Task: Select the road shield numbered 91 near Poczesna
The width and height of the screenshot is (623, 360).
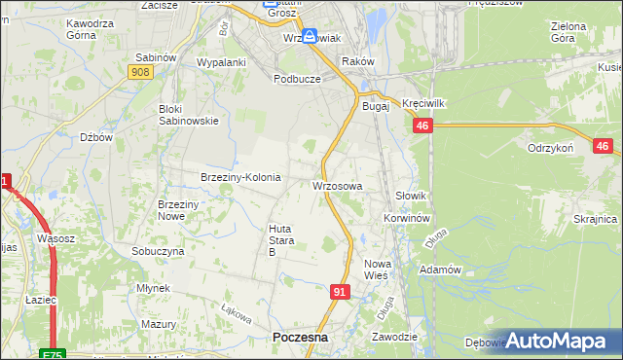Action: tap(340, 291)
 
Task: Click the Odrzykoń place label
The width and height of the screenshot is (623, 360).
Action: tap(550, 147)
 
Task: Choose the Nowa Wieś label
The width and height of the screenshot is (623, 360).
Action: tap(376, 270)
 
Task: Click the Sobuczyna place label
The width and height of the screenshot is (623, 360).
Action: tap(159, 250)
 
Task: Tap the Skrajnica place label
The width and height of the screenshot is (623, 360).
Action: tap(596, 219)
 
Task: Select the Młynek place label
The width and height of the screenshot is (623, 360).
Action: tap(154, 288)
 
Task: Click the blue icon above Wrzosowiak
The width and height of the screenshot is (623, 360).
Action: tap(309, 37)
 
